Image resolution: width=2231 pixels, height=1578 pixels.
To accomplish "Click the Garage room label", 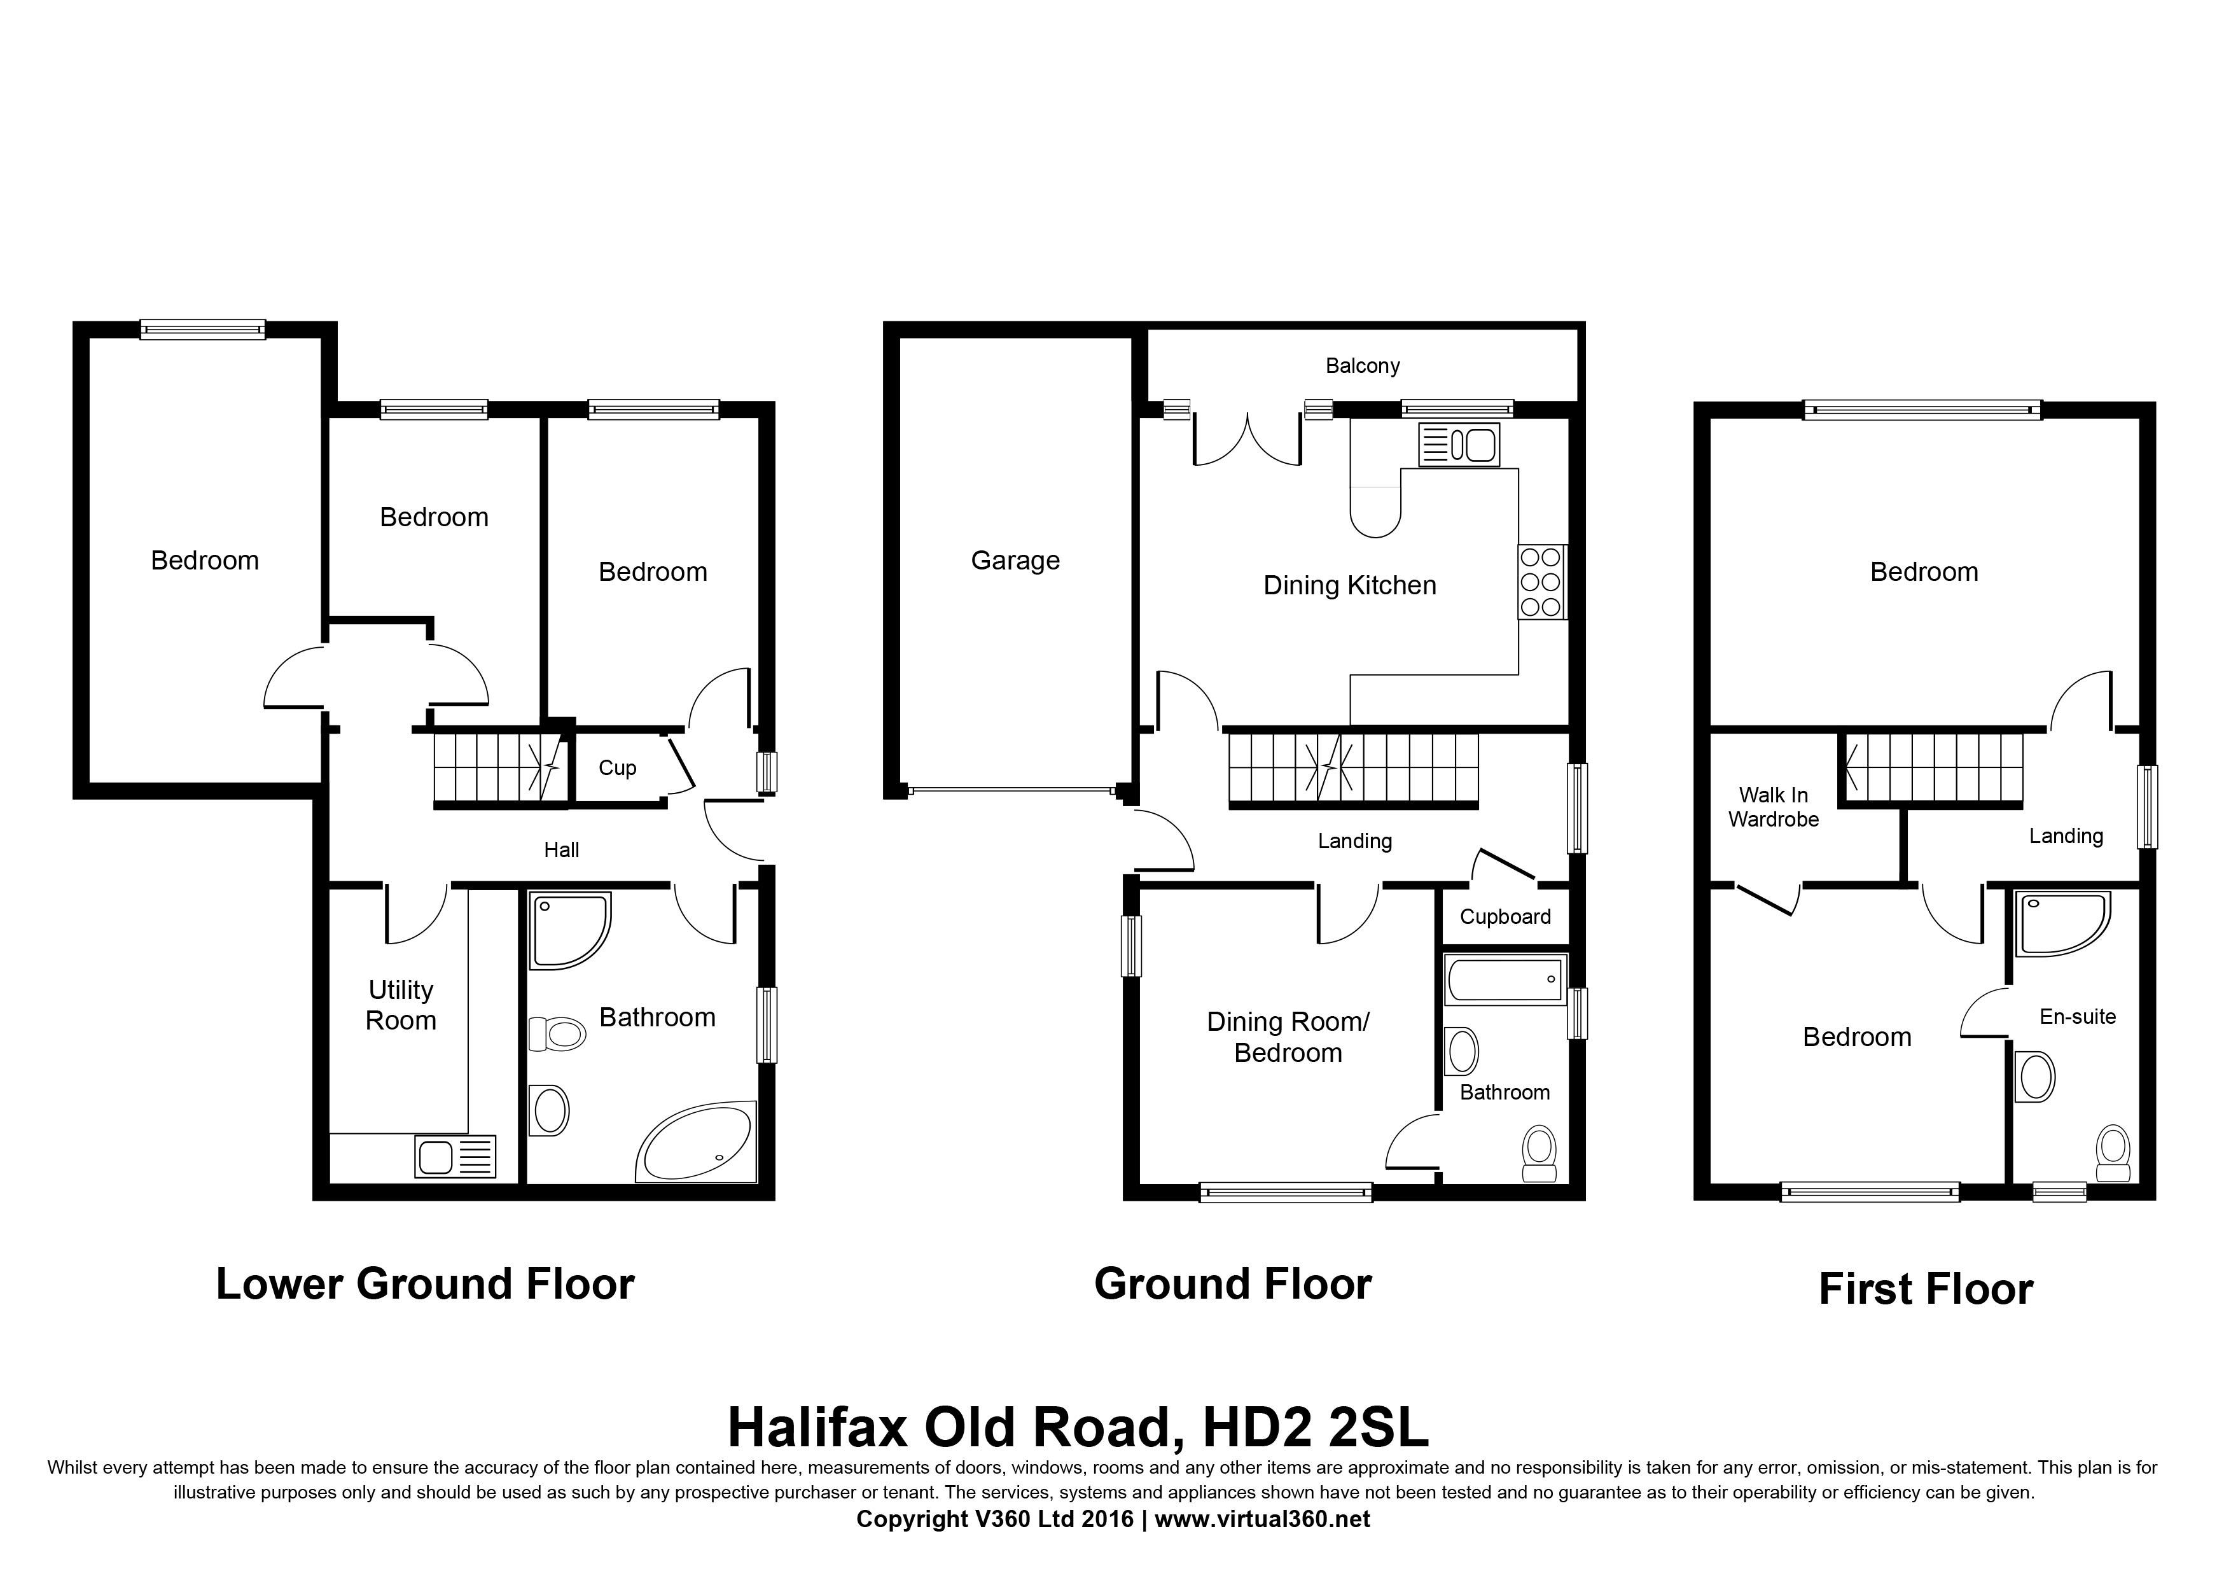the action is [x=1015, y=561].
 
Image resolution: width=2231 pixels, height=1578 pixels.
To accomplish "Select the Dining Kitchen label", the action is [x=1350, y=585].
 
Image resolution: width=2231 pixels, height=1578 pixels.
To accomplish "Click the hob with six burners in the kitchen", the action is [x=1541, y=581].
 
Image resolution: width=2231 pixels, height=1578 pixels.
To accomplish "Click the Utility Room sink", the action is [x=455, y=1156].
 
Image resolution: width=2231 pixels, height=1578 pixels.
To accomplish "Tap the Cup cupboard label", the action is [x=617, y=767].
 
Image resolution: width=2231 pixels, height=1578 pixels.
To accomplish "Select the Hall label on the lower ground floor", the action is [x=562, y=850].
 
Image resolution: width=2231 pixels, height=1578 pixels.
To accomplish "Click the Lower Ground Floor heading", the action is [x=424, y=1283].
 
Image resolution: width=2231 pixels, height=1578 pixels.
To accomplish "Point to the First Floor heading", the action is [x=1926, y=1289].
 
